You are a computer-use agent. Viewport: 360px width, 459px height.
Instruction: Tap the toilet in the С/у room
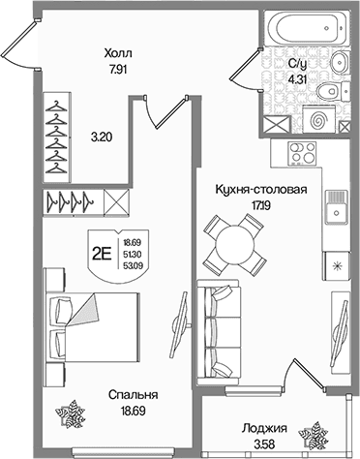tap(332, 90)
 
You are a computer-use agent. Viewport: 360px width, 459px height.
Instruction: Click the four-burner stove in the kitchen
tap(302, 153)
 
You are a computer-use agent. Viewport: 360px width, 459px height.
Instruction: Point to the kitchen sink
tap(337, 207)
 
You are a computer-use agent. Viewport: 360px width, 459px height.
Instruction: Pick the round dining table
tap(235, 244)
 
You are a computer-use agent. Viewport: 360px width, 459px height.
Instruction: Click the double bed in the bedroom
tap(94, 327)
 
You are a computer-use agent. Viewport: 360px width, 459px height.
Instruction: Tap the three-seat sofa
tap(219, 332)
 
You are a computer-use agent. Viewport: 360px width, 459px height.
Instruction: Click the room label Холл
tap(118, 53)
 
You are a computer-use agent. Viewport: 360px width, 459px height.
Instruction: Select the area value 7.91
tap(118, 70)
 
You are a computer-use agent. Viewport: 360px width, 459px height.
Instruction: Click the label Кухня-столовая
tap(261, 190)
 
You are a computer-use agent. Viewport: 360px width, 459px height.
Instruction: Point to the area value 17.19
tap(260, 205)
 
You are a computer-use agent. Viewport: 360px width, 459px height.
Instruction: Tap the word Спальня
tap(133, 395)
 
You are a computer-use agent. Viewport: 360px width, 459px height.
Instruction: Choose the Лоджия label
tap(264, 429)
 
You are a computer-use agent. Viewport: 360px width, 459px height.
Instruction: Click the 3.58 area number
tap(264, 444)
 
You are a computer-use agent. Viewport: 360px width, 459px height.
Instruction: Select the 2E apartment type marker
tap(102, 255)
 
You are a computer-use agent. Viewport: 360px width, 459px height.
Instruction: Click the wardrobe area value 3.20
tap(102, 138)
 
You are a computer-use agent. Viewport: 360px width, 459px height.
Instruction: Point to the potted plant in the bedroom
tap(71, 414)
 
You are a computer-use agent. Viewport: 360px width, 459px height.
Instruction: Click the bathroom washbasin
tap(340, 63)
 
